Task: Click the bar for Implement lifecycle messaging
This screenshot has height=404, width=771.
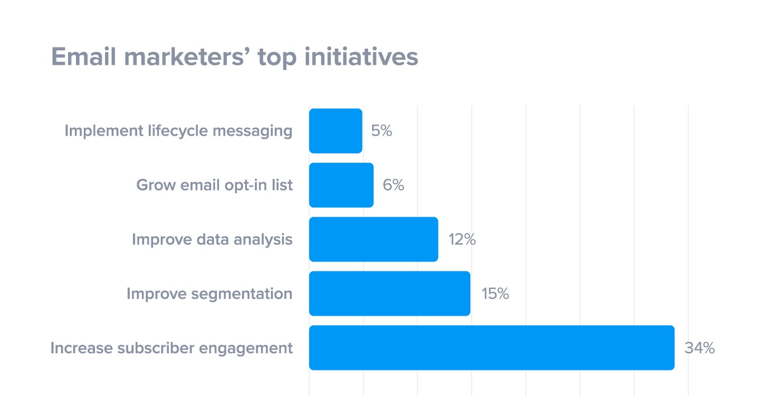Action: tap(335, 131)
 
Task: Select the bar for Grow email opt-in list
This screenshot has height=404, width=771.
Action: tap(341, 185)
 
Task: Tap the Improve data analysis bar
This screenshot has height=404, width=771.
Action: tap(373, 239)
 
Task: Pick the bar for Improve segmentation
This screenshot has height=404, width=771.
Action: tap(389, 293)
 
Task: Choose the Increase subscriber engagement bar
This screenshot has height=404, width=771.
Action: tap(492, 348)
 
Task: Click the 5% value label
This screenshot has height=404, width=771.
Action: tap(382, 131)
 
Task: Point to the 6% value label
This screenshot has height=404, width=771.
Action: tap(393, 185)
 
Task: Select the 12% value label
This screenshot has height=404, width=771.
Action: tap(461, 239)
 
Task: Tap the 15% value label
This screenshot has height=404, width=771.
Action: tap(495, 293)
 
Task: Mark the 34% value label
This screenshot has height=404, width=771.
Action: tap(699, 348)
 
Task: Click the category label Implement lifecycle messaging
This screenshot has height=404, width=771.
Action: tap(178, 131)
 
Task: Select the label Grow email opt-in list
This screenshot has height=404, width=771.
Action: tap(214, 185)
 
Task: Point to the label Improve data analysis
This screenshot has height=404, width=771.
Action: tap(212, 239)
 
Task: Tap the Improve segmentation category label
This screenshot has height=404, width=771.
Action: tap(209, 293)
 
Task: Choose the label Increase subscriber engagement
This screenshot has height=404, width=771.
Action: tap(171, 348)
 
